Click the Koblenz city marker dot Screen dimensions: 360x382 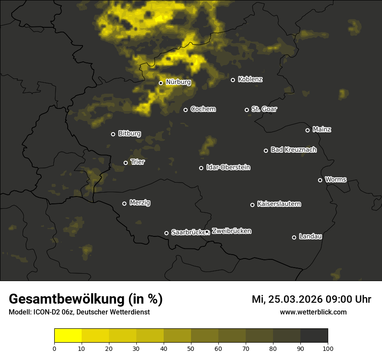(233, 80)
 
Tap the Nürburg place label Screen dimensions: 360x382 (178, 82)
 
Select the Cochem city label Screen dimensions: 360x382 (203, 109)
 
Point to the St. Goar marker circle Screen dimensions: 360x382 (247, 110)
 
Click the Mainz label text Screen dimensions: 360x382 (322, 129)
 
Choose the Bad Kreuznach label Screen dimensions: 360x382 (293, 150)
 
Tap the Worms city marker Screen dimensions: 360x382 (320, 180)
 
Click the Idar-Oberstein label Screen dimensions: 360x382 (228, 167)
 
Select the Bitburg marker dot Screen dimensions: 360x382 (113, 134)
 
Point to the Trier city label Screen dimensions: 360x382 (137, 162)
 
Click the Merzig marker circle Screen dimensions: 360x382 (124, 203)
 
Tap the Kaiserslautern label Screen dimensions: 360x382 (279, 203)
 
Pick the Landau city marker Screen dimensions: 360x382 (294, 237)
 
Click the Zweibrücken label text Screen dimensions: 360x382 (231, 231)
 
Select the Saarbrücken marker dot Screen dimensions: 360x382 (166, 233)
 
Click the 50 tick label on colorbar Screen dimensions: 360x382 (191, 348)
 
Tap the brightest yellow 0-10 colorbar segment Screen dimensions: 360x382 (68, 335)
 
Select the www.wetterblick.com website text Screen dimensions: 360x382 (313, 312)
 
